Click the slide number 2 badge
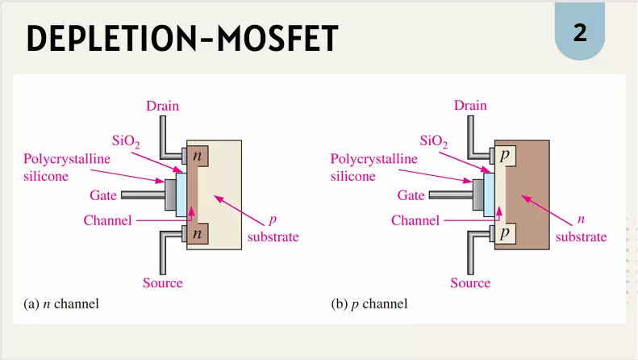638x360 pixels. click(580, 33)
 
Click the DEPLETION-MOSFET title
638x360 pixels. click(182, 38)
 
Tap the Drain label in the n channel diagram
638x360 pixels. click(162, 106)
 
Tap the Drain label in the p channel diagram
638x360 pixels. click(470, 106)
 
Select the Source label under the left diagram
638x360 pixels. click(162, 283)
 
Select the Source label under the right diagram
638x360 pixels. click(470, 283)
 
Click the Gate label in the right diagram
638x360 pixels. click(411, 195)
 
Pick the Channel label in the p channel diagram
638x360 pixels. click(415, 220)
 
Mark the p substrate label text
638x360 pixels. click(273, 229)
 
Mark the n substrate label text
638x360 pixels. click(581, 229)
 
